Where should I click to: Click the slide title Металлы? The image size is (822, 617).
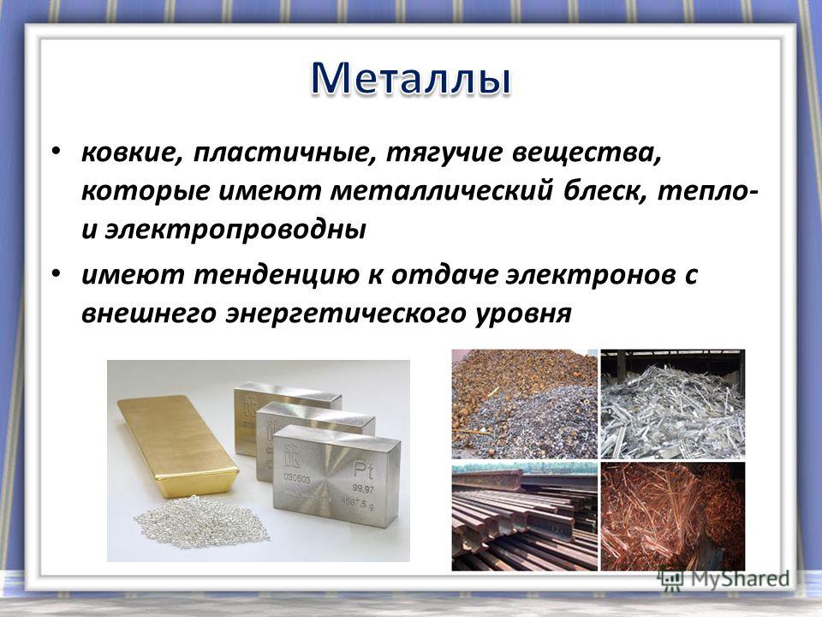tap(410, 79)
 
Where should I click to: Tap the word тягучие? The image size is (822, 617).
tap(444, 153)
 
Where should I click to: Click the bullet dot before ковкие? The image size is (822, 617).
tap(57, 152)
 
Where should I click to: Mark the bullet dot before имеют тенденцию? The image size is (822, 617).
tap(57, 273)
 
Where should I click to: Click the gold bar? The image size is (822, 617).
tap(178, 445)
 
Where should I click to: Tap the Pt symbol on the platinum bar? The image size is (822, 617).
tap(363, 470)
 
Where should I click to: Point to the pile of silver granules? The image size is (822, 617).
tap(201, 522)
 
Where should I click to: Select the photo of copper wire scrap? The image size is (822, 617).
tap(673, 516)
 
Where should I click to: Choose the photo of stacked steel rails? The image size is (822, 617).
tap(524, 516)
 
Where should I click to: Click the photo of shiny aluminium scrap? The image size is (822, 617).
tap(673, 404)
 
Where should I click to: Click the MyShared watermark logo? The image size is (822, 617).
tap(724, 578)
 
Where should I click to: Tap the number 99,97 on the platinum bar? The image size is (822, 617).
tap(362, 489)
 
